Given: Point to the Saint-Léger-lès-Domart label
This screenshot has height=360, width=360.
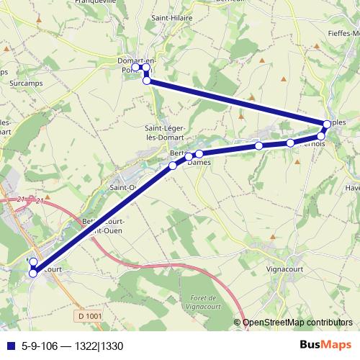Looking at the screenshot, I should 164,132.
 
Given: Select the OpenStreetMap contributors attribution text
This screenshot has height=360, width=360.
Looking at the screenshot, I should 297,323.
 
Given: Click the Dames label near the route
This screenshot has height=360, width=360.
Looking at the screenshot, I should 198,163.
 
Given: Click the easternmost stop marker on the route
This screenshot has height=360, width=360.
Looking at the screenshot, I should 328,124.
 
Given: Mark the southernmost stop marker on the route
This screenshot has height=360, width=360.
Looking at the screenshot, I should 32,273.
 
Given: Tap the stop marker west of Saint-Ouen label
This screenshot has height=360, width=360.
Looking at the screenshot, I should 173,166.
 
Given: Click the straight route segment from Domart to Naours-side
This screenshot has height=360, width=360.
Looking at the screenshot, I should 238,102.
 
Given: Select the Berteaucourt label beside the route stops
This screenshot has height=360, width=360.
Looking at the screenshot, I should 177,153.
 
